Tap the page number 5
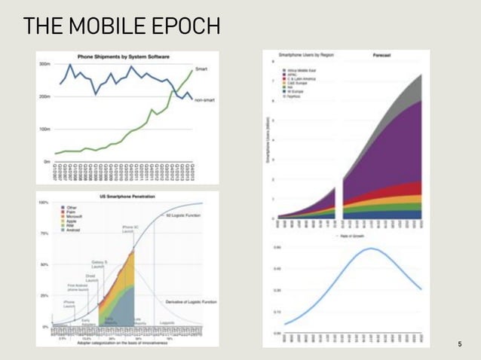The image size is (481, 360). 459,343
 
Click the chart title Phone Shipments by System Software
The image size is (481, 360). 123,56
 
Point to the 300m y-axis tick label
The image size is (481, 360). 44,65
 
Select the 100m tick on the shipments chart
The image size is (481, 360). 44,130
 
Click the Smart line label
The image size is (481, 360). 202,69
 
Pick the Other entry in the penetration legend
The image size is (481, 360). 72,206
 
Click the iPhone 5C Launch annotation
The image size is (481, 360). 128,229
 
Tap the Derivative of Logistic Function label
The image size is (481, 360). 191,301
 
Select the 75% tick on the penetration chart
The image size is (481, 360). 44,233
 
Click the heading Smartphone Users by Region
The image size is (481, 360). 307,56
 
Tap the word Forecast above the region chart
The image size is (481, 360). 381,56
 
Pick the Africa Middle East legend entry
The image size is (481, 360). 302,70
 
